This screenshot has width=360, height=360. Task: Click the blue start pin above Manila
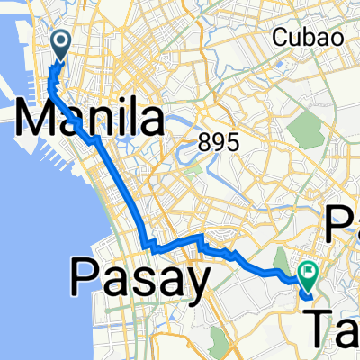point(61,43)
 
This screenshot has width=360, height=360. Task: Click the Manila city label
point(90,119)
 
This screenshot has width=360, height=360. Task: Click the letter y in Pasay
point(194,284)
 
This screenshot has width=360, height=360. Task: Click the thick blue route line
point(117,180)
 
